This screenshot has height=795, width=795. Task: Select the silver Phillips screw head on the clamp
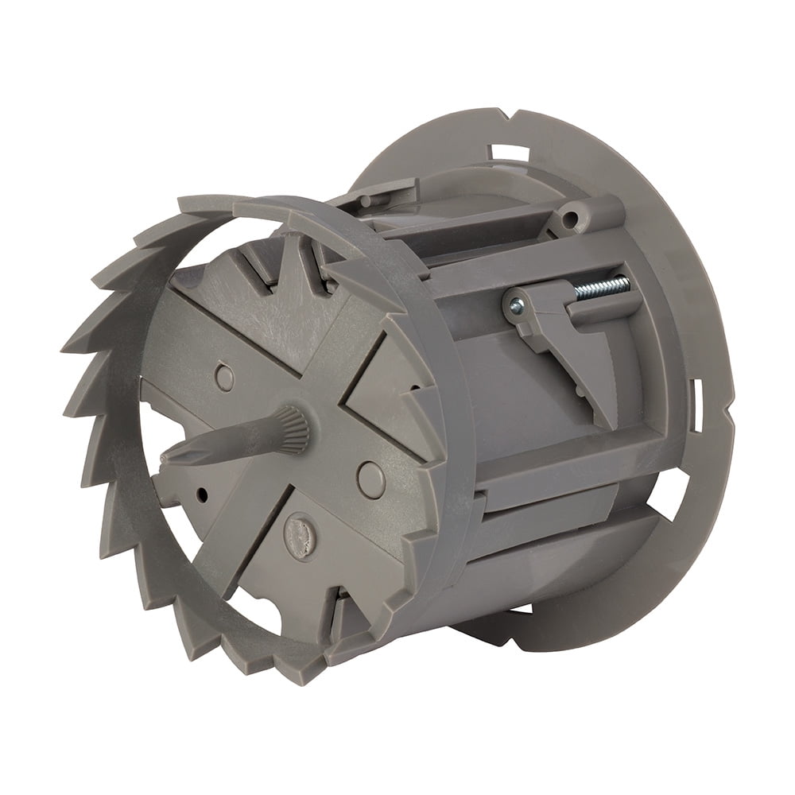[x=516, y=304]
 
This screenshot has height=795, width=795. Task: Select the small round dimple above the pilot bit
[x=225, y=377]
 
